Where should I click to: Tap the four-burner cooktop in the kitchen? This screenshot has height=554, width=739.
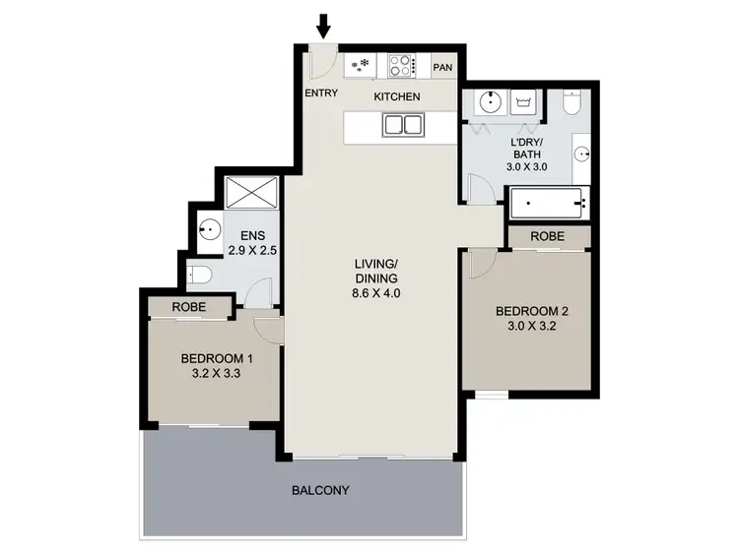[401, 66]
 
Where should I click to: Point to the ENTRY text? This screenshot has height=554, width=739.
[322, 93]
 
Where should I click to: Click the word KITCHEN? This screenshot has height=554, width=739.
[397, 96]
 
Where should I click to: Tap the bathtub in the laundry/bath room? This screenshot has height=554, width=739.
[548, 205]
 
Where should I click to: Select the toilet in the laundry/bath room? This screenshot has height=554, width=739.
[571, 102]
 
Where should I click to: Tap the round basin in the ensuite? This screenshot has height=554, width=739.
[208, 229]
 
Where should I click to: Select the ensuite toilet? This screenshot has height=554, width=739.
[197, 275]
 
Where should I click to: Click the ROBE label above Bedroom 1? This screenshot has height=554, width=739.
[188, 307]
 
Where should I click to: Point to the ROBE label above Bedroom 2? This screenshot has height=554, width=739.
[548, 237]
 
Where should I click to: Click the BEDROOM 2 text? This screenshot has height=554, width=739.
[532, 314]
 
